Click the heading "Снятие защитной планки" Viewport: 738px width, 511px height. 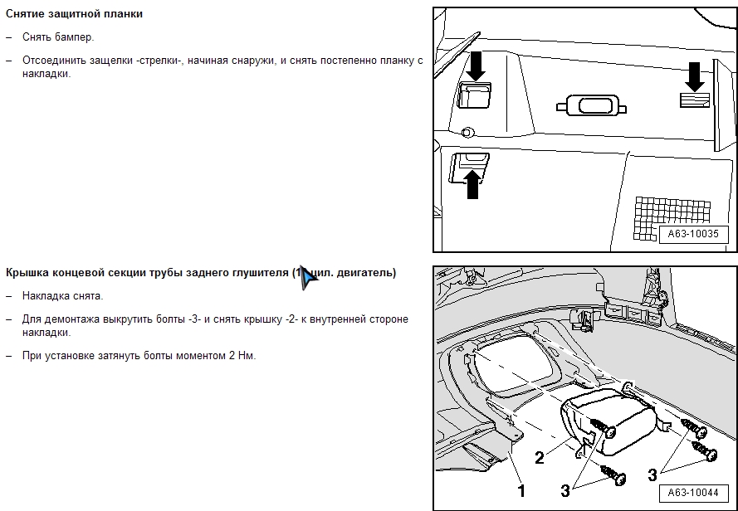point(75,14)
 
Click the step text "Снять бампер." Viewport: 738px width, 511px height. point(58,37)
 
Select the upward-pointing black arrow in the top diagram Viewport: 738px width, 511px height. point(473,183)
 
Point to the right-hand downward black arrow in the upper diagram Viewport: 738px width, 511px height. point(694,77)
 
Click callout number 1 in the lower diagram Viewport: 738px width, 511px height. point(521,490)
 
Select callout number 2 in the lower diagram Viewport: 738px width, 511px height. point(540,457)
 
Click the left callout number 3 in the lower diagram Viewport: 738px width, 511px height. point(565,490)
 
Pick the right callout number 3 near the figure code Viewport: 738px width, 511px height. point(652,474)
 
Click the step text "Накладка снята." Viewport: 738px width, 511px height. point(63,296)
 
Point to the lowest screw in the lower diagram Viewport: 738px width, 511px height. point(616,476)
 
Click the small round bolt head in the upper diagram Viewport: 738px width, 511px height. point(467,131)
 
